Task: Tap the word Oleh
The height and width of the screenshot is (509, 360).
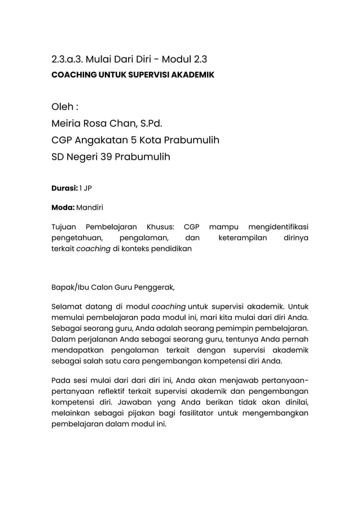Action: coord(62,108)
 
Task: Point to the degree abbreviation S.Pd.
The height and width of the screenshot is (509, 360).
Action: coord(155,124)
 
